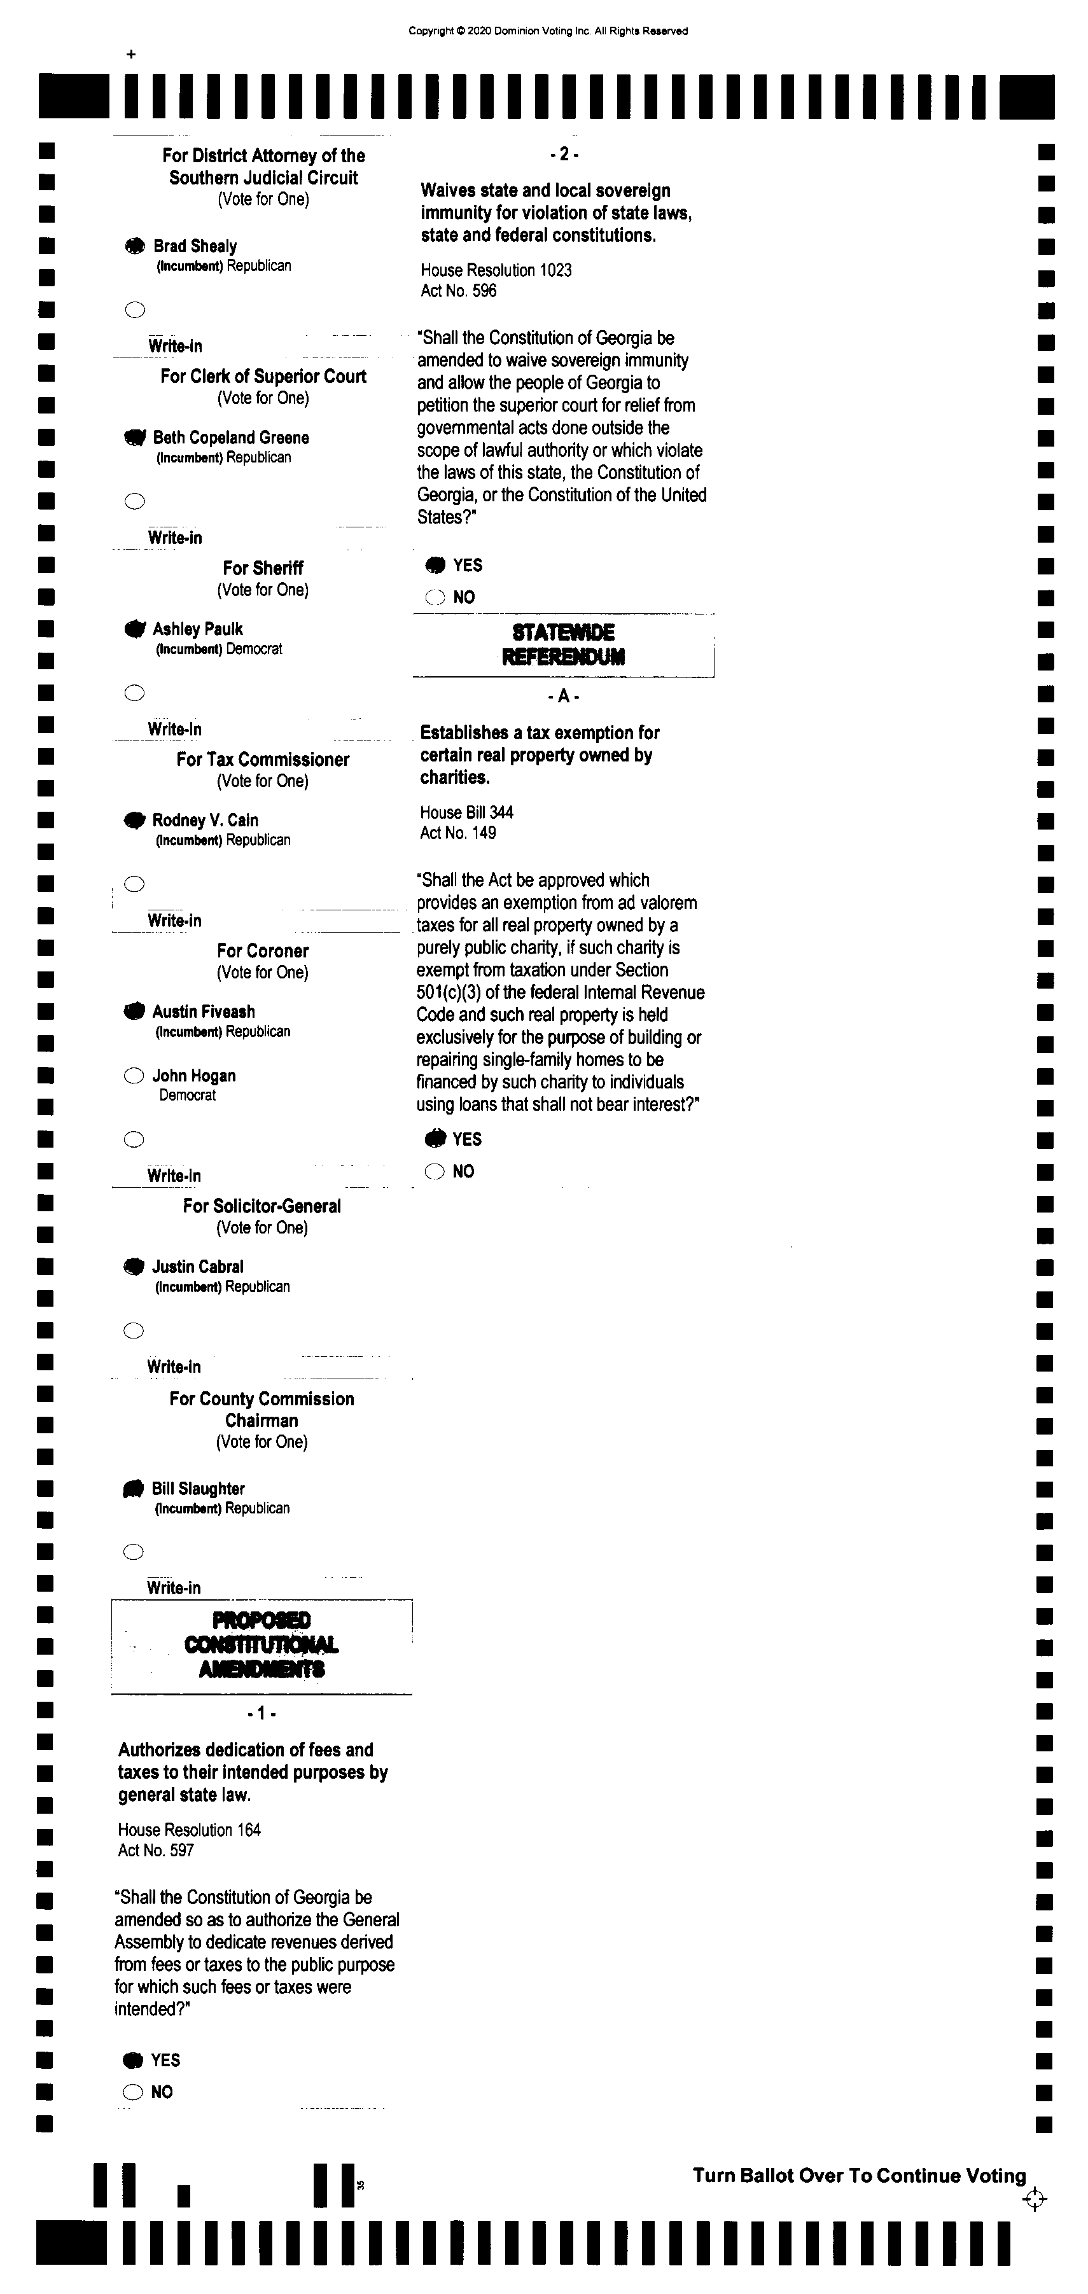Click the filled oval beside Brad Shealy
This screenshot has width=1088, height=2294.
coord(134,247)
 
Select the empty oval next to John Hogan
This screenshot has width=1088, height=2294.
coord(134,1076)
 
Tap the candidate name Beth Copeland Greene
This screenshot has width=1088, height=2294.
coord(230,437)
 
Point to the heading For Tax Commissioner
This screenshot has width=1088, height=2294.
coord(263,760)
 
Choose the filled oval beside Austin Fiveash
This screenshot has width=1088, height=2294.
coord(134,1011)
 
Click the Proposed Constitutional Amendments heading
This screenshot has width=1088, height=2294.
coord(261,1644)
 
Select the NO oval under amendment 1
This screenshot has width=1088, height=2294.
coord(133,2092)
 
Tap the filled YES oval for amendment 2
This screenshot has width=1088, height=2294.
coord(435,566)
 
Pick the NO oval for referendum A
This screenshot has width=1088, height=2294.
coord(435,1172)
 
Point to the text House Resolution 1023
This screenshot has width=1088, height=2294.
coord(496,270)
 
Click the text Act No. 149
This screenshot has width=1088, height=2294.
coord(457,833)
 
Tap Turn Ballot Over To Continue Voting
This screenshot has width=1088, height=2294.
coord(859,2176)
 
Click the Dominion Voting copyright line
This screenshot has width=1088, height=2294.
coord(548,31)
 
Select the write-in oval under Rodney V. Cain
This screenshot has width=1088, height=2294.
coord(134,884)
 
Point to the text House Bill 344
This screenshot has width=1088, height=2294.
coord(466,812)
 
